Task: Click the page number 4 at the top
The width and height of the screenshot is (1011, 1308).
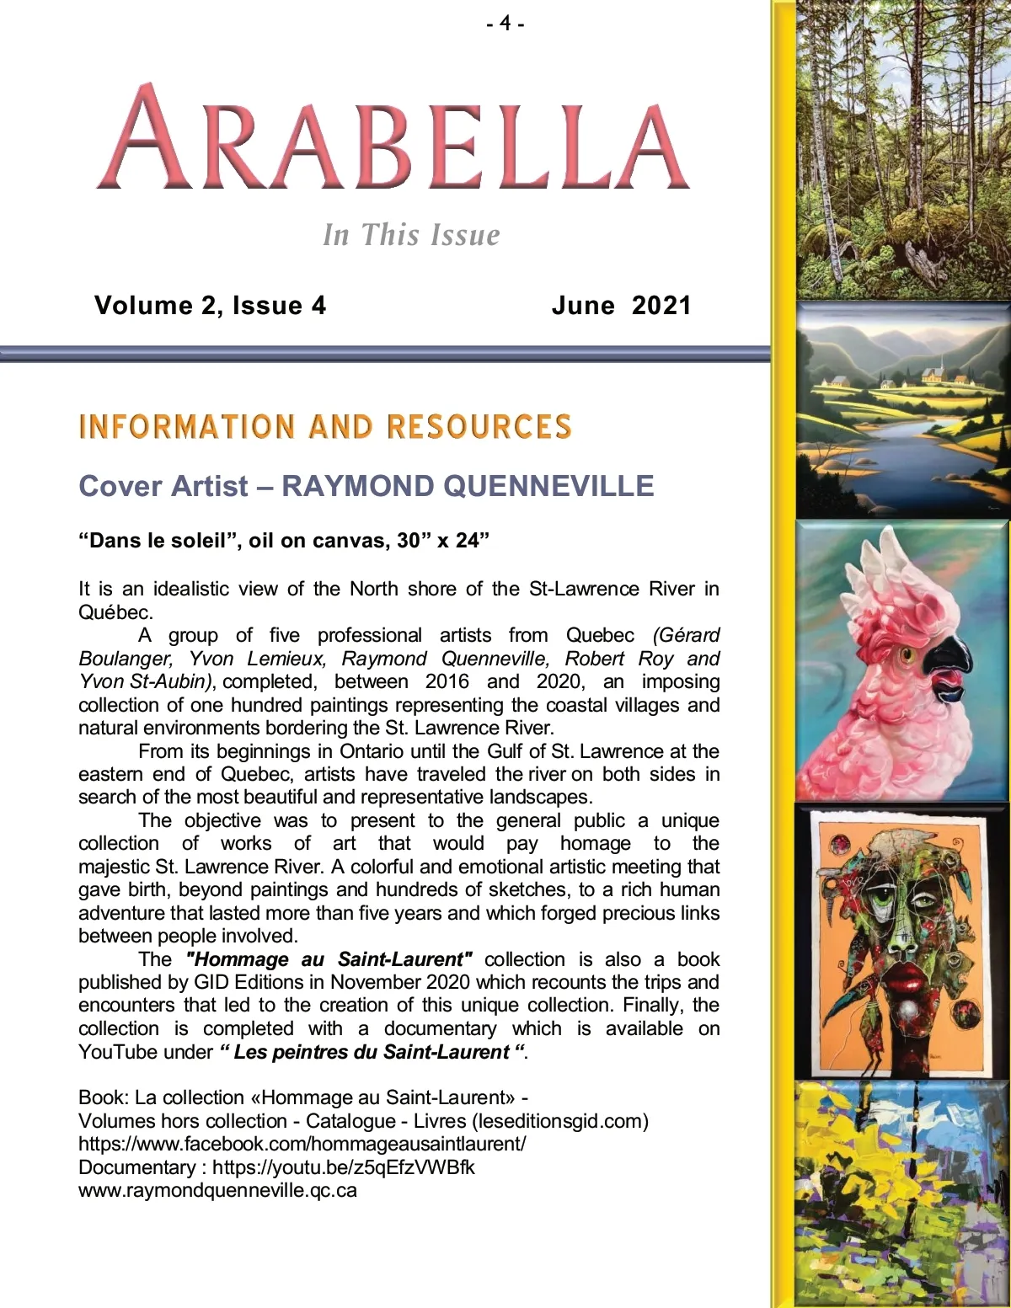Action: pyautogui.click(x=505, y=23)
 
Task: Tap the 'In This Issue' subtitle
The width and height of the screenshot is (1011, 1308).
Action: pyautogui.click(x=411, y=234)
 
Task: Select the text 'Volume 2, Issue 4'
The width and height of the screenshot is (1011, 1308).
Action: pyautogui.click(x=210, y=305)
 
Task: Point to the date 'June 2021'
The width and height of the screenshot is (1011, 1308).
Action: pyautogui.click(x=621, y=305)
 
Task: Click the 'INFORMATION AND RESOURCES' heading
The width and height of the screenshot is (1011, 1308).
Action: pyautogui.click(x=325, y=426)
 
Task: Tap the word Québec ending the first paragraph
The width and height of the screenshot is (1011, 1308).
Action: pyautogui.click(x=115, y=611)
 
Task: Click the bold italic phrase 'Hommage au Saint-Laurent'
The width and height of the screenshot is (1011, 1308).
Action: pyautogui.click(x=329, y=959)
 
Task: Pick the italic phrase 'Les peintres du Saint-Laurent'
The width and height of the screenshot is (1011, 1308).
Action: pyautogui.click(x=372, y=1052)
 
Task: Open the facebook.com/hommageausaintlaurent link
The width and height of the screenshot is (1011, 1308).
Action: pyautogui.click(x=302, y=1144)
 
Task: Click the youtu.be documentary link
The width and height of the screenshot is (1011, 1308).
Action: pyautogui.click(x=343, y=1167)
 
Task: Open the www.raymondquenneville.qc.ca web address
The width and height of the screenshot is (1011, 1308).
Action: pyautogui.click(x=217, y=1190)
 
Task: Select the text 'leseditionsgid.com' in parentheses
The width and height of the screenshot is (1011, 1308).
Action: pyautogui.click(x=560, y=1121)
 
